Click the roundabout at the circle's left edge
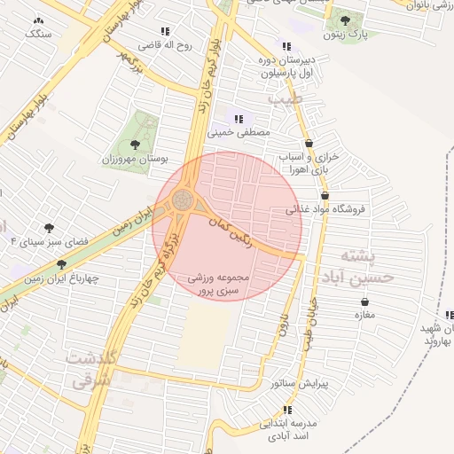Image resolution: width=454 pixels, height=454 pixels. [x=184, y=199]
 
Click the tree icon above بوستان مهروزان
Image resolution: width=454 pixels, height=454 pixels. [x=135, y=144]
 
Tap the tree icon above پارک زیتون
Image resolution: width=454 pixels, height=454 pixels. [x=345, y=20]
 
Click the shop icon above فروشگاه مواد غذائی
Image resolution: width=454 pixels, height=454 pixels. [x=325, y=196]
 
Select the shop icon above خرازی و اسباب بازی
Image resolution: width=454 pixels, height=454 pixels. [x=309, y=143]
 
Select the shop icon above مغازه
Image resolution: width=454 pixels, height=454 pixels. [x=363, y=301]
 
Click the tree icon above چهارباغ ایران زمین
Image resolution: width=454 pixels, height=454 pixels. [x=61, y=264]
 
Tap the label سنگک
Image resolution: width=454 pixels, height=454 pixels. [x=37, y=33]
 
